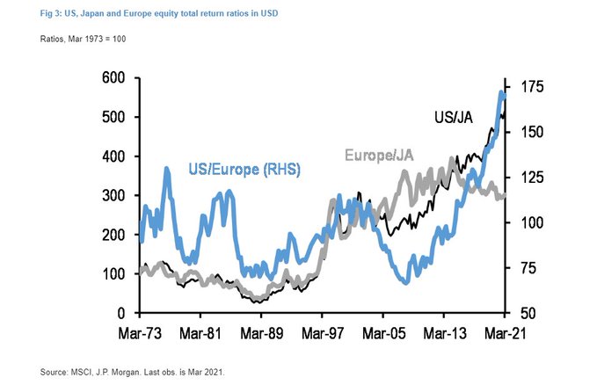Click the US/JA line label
point(456,117)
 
